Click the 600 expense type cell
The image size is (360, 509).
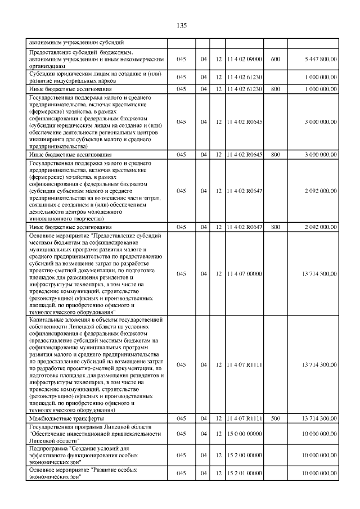(275, 58)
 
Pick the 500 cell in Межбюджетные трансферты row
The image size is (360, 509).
(275, 419)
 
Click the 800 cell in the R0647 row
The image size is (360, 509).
(275, 227)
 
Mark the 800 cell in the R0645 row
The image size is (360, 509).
(275, 154)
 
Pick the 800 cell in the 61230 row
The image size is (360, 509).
(275, 89)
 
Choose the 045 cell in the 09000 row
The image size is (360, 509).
(181, 58)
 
